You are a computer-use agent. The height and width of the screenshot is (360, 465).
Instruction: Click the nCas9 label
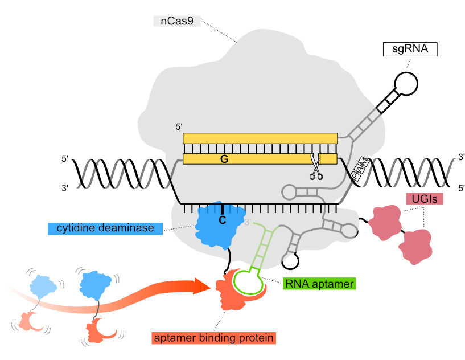[177, 22]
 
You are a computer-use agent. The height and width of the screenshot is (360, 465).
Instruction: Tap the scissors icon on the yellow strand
[314, 166]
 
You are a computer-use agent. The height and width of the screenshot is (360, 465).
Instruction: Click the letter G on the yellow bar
[224, 159]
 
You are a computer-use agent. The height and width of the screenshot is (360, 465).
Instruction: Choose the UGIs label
[424, 199]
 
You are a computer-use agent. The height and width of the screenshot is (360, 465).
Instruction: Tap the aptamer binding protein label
[214, 338]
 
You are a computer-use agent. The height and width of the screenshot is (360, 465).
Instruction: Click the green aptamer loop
[248, 280]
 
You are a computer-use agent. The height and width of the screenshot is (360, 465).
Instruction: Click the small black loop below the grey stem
[290, 261]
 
